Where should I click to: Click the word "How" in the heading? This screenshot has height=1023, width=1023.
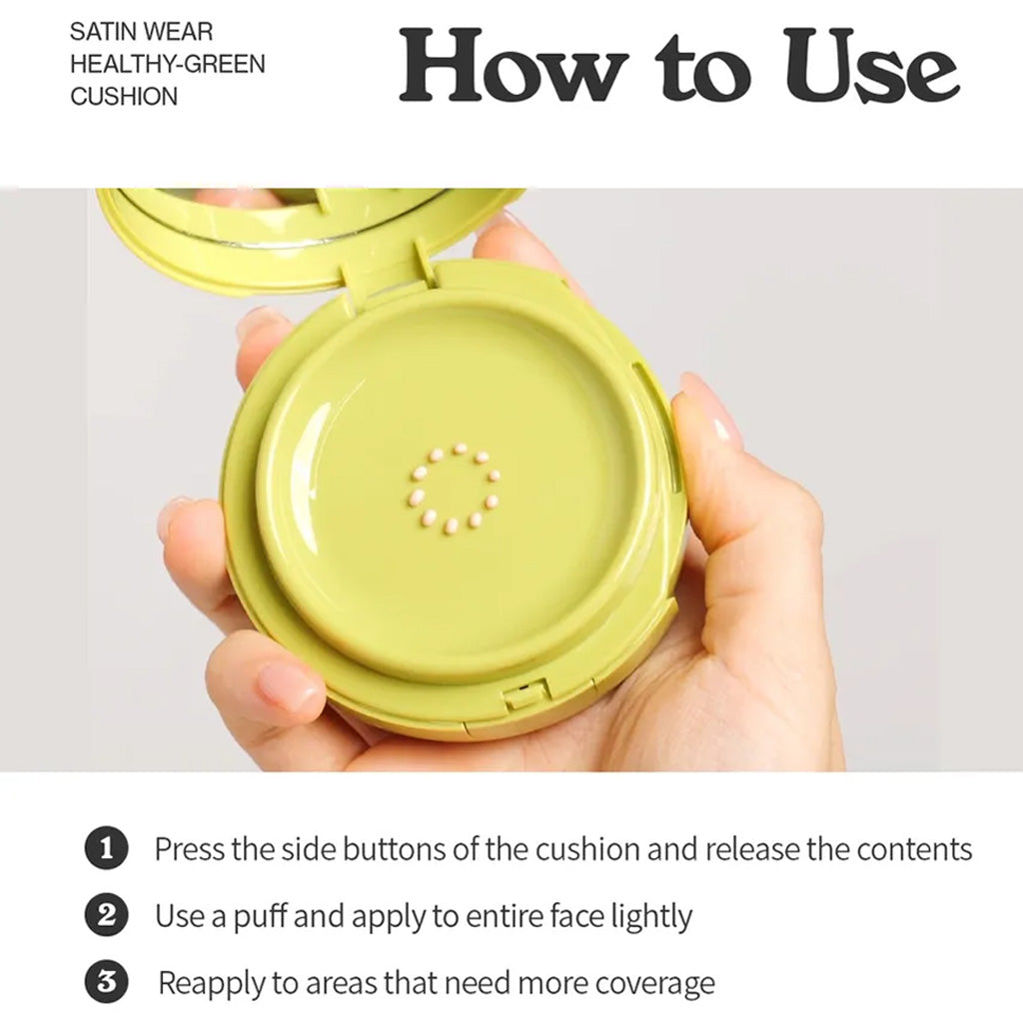(x=513, y=66)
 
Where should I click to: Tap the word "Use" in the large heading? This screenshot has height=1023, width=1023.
(x=871, y=66)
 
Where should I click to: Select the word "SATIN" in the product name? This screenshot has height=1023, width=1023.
(x=102, y=31)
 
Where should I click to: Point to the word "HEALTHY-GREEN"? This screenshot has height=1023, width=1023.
(x=168, y=64)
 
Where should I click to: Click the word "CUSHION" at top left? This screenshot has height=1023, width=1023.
(x=124, y=97)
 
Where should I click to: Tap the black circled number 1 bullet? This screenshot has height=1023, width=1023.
(x=106, y=849)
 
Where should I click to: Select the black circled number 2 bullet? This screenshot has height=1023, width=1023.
(x=106, y=915)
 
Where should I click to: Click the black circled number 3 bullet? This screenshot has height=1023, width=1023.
(x=106, y=981)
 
